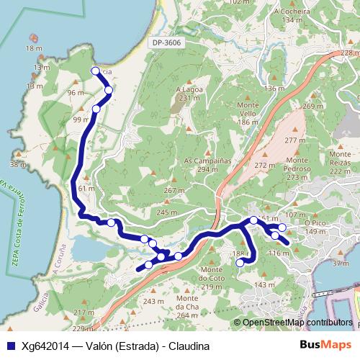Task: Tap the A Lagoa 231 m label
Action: point(187,94)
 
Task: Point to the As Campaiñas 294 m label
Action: point(207,165)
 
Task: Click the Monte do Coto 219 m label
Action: point(212,282)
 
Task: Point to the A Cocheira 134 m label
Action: point(291,16)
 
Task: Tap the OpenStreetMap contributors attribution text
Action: point(297,323)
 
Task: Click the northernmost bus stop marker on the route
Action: point(95,71)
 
